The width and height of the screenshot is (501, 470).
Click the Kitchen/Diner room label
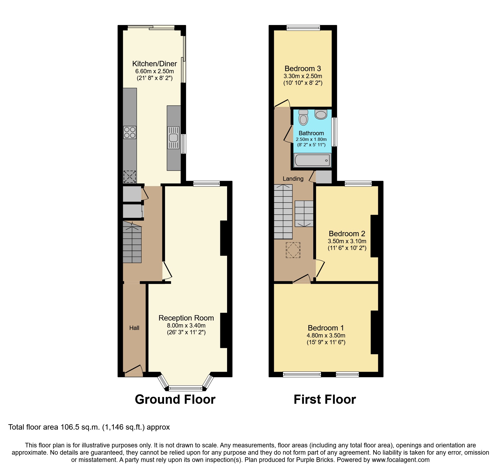pyautogui.click(x=154, y=64)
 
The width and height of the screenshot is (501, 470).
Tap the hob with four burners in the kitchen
pyautogui.click(x=130, y=133)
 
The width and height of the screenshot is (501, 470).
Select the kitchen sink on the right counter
pyautogui.click(x=173, y=138)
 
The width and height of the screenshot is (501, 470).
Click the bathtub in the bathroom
pyautogui.click(x=312, y=160)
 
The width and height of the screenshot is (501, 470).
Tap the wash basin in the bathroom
pyautogui.click(x=321, y=114)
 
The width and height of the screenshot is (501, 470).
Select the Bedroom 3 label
pyautogui.click(x=303, y=69)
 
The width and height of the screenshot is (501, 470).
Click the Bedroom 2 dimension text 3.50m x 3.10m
pyautogui.click(x=347, y=241)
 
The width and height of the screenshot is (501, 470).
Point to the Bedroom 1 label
pyautogui.click(x=326, y=328)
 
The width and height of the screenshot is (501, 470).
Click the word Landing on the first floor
pyautogui.click(x=293, y=179)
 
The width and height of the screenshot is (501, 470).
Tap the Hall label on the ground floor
pyautogui.click(x=134, y=328)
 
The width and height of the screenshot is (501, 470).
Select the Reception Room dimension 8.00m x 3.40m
pyautogui.click(x=186, y=325)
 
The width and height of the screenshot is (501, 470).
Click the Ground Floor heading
pyautogui.click(x=175, y=399)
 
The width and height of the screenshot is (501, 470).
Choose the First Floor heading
pyautogui.click(x=325, y=399)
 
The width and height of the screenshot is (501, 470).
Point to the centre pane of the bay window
pyautogui.click(x=185, y=388)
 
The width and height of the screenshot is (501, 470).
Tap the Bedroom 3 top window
pyautogui.click(x=303, y=27)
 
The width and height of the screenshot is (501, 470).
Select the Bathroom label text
pyautogui.click(x=311, y=133)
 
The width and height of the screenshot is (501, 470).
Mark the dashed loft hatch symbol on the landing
pyautogui.click(x=293, y=250)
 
